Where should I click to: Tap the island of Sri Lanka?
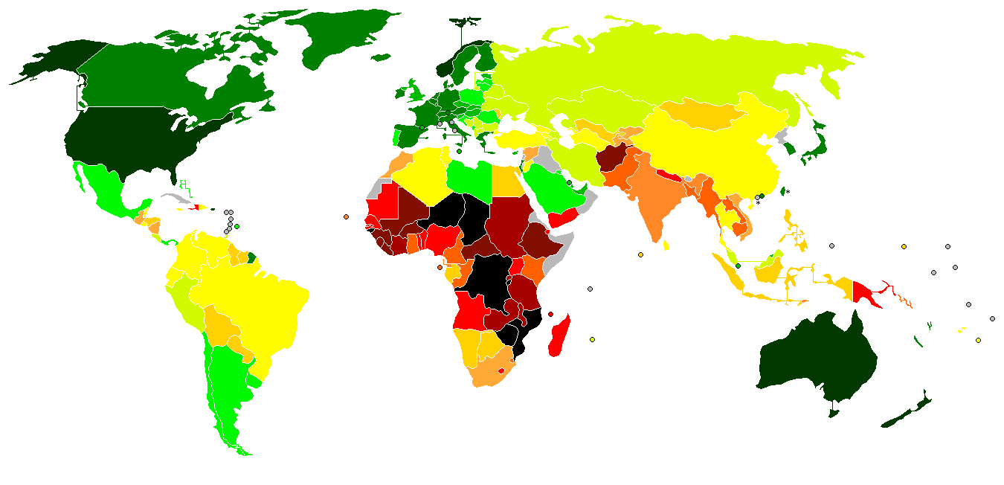(x=666, y=245)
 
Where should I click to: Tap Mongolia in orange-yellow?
(x=699, y=115)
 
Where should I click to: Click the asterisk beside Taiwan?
(x=788, y=192)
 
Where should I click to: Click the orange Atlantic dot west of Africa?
(x=347, y=217)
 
